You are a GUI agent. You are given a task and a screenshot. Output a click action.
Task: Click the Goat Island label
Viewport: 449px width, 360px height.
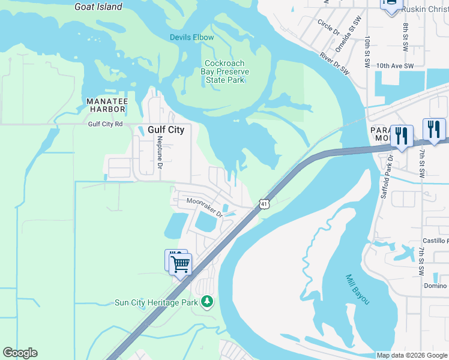98,7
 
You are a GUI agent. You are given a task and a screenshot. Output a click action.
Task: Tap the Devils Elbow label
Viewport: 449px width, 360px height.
191,37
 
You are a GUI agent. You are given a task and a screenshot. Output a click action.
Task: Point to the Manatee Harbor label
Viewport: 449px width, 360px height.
106,105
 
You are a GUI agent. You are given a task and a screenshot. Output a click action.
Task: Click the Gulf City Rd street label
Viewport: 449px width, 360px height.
105,124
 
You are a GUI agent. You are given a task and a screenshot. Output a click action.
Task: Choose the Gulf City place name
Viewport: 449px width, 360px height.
166,130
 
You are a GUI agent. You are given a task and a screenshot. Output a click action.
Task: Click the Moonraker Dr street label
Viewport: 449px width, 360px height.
204,207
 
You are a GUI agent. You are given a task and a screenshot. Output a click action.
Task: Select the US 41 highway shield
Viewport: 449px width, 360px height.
264,204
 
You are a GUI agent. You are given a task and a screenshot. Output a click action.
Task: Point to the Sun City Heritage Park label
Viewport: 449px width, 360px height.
156,302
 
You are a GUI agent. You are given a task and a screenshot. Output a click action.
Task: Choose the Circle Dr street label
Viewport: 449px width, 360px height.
328,27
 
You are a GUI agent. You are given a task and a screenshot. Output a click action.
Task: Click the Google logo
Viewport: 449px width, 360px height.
20,353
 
